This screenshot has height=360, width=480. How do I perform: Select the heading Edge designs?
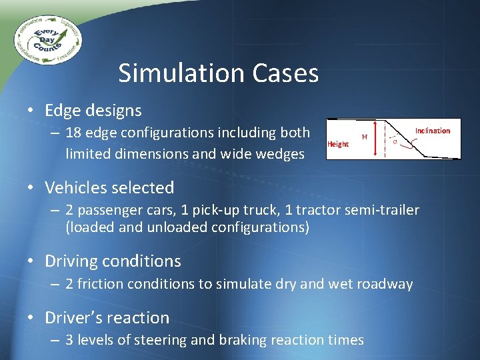point(93,110)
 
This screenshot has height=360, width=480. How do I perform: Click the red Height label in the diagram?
point(338,144)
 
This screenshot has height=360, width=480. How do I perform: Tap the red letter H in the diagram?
point(364,137)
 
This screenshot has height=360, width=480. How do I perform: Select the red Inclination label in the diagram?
point(433,131)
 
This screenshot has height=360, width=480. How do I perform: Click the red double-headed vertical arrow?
point(377,139)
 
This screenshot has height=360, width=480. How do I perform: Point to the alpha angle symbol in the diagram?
point(395,141)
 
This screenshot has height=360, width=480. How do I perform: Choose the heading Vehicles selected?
point(109,188)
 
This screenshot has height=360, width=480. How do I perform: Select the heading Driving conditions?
point(112,261)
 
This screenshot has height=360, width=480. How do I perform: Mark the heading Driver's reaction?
point(107,317)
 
